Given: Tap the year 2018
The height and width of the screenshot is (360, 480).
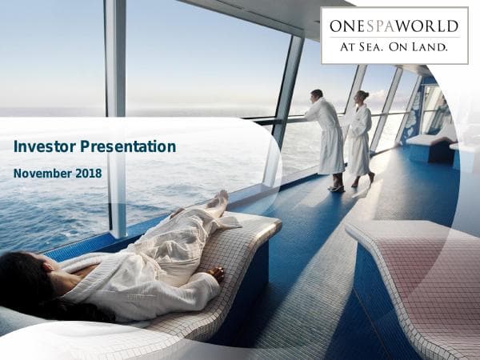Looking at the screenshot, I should point(90,173).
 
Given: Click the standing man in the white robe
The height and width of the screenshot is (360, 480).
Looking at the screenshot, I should point(327,136).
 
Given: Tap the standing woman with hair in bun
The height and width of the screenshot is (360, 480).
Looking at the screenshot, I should point(360,136).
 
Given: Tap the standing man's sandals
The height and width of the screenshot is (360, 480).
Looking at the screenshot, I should point(336,189).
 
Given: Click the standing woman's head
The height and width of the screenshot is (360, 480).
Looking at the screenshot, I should point(362,97).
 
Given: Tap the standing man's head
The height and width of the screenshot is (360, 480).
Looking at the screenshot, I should point(317,94).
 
